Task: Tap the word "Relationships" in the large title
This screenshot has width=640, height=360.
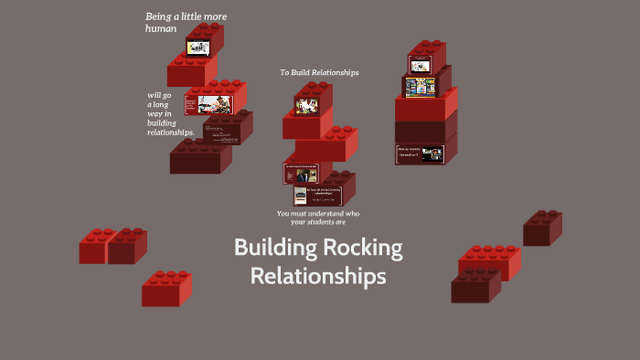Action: point(318,275)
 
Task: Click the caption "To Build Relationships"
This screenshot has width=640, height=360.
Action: point(319,72)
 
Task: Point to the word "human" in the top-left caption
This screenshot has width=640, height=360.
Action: point(160,28)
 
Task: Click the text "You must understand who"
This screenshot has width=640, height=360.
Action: point(318,213)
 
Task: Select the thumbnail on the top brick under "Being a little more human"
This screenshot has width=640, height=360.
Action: point(198,47)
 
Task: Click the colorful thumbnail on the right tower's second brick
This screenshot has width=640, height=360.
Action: point(421,87)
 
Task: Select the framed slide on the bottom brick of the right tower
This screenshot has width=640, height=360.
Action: point(420,154)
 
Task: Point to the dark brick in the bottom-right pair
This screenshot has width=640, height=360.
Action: point(475,287)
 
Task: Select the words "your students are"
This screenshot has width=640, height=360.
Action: point(318,222)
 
